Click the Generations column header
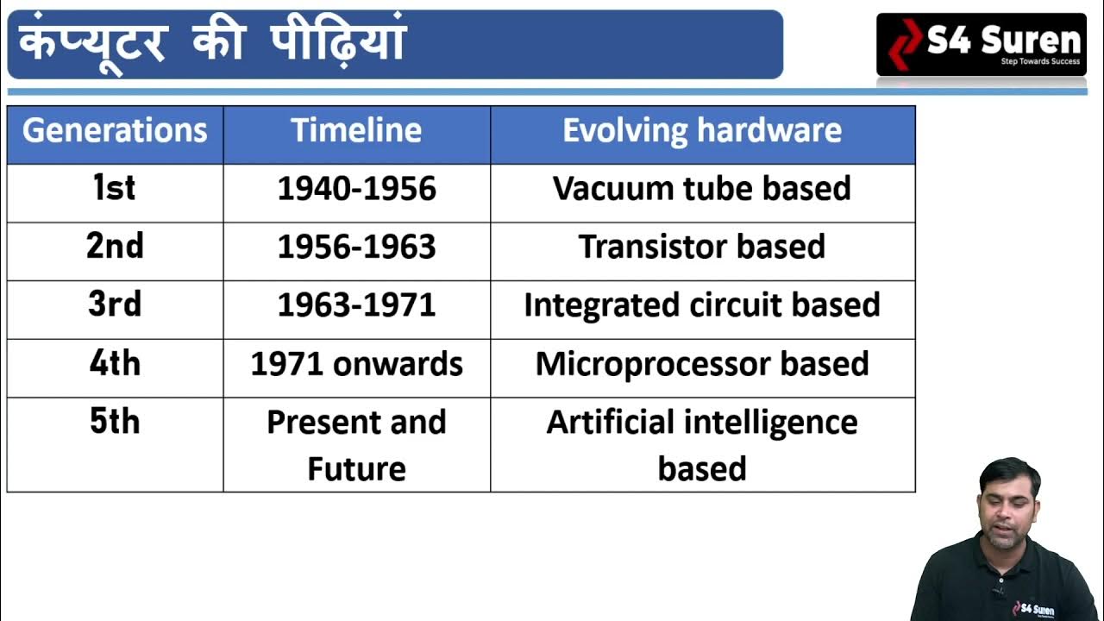tap(115, 131)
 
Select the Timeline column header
tap(356, 131)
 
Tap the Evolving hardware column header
tap(702, 131)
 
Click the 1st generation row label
tap(115, 189)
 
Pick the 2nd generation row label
tap(115, 247)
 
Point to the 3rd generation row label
tap(115, 305)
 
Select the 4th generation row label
tap(115, 364)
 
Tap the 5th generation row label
tap(115, 423)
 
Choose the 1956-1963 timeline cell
tap(356, 248)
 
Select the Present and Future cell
tap(356, 445)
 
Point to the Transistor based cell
tap(702, 248)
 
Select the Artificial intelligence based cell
tap(702, 445)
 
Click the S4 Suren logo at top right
tap(982, 44)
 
